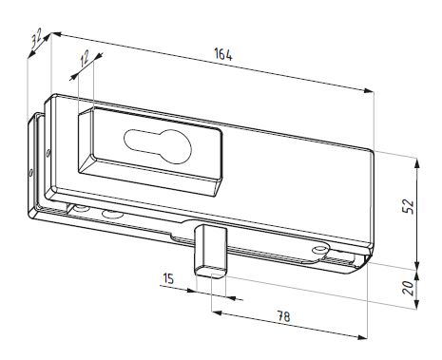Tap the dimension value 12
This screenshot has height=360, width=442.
coord(85,59)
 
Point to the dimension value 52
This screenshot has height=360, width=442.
coord(408,206)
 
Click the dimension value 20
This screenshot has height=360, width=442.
coord(409,288)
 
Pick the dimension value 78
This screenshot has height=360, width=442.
coord(283,316)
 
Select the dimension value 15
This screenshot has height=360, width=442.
coord(168,278)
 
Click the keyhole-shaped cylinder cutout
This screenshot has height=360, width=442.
coord(158,146)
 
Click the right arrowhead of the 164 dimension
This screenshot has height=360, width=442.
coord(369,91)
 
